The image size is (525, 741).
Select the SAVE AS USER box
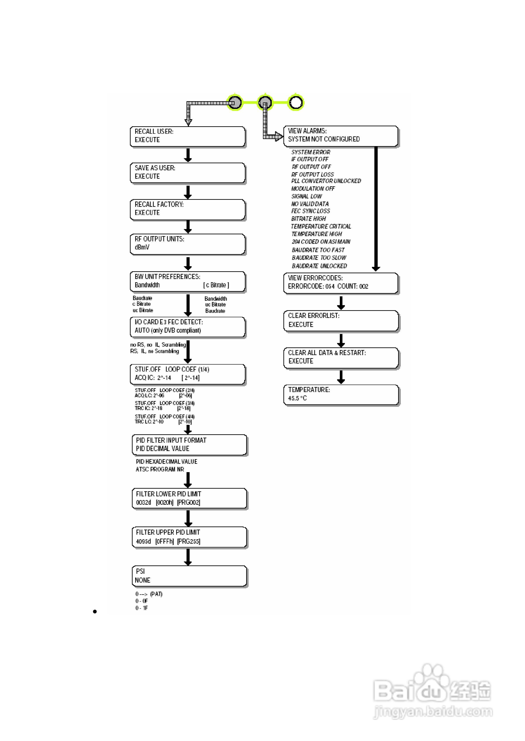point(187,173)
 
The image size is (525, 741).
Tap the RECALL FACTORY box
point(187,209)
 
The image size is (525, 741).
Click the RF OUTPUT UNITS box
point(187,244)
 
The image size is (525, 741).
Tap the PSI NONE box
point(189,576)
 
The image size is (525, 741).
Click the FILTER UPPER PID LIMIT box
point(189,537)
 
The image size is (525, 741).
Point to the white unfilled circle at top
point(296,103)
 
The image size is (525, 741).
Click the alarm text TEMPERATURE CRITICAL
point(321,226)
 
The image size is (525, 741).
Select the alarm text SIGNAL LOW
point(307,196)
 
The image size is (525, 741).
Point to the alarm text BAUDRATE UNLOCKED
point(319,266)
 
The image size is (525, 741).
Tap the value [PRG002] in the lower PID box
point(189,502)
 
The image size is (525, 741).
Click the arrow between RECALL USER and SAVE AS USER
point(188,155)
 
